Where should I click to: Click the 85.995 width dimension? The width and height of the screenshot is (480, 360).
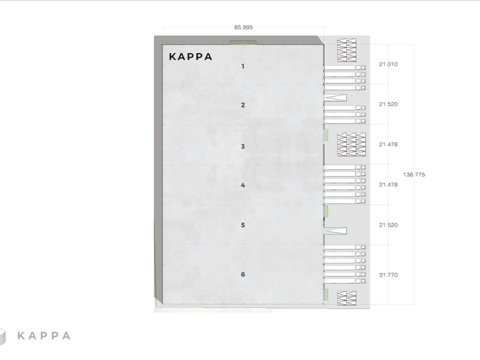coord(243,27)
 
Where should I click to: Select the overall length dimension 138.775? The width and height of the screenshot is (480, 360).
coord(414,174)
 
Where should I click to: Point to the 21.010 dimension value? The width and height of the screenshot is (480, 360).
coord(388,64)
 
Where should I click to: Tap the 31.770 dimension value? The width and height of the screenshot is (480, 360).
coord(388,275)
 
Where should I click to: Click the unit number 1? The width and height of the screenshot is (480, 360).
coord(243,66)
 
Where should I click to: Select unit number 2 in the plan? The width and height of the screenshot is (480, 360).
coord(243,105)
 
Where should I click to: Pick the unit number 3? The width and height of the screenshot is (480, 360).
coord(243,146)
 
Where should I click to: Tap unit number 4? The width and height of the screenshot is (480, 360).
coord(243,185)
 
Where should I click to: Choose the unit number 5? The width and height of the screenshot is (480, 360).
coord(243,225)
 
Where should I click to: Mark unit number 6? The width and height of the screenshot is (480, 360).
coord(243,274)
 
